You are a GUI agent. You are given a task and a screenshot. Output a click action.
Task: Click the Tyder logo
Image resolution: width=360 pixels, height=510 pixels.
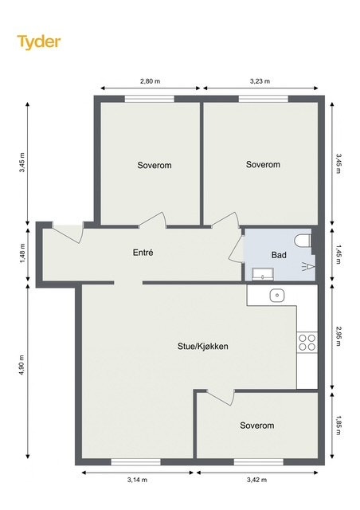point(39,41)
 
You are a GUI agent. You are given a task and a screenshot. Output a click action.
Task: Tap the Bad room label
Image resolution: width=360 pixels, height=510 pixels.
point(279,256)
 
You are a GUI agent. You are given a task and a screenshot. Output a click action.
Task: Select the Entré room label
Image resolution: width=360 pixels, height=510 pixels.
point(143,253)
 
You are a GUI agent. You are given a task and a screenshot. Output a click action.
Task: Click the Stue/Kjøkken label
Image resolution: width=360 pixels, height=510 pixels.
point(203,347)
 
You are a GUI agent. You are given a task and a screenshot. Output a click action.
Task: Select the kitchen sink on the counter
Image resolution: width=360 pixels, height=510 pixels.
point(276,296)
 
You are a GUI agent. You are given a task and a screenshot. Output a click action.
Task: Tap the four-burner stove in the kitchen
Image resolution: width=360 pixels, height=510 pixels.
point(307,343)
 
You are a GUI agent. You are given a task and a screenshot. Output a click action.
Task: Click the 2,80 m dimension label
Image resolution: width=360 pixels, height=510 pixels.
point(150,81)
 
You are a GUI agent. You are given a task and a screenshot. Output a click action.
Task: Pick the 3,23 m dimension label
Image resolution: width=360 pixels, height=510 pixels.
point(260,81)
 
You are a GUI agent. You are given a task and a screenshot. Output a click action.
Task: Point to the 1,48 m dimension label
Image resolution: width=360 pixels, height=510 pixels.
point(22,253)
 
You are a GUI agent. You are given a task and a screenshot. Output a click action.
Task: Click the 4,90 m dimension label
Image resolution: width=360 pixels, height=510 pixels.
point(22,373)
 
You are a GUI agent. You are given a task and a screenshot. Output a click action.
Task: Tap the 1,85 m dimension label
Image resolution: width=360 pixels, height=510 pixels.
point(338,426)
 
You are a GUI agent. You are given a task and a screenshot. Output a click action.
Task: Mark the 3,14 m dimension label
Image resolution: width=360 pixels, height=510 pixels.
point(138,481)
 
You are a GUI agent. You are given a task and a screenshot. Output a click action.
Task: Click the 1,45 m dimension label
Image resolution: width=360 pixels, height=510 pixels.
point(338,254)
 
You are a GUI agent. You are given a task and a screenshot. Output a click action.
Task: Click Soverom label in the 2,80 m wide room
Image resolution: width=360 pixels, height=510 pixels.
point(154,166)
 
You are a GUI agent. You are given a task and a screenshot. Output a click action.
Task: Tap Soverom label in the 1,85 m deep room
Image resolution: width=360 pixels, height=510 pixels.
point(256,426)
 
